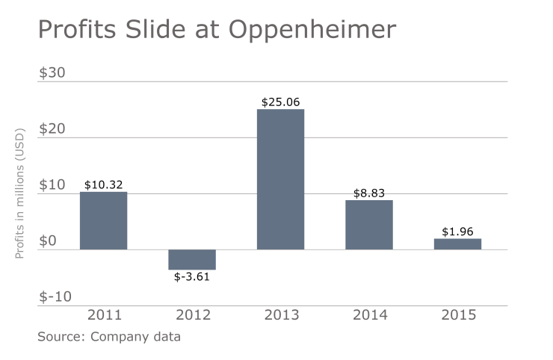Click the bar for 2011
pos(103,220)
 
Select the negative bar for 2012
pos(192,259)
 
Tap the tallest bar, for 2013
pos(280,179)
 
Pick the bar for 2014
pos(369,225)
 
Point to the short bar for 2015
pos(457,244)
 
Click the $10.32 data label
pos(103,184)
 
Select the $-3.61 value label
pos(192,277)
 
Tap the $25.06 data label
pos(280,102)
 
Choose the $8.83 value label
pos(369,193)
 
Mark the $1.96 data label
pos(457,232)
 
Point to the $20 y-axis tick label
pos(52,128)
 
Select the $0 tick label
pos(48,240)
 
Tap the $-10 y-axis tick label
pos(55,297)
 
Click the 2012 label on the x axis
pos(192,314)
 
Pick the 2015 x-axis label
pos(457,314)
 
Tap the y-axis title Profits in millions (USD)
pos(20,193)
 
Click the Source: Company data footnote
pos(109,336)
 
